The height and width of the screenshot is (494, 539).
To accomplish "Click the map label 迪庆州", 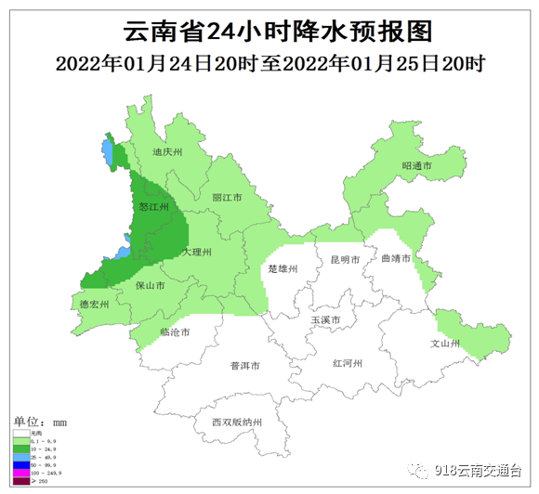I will (x=168, y=152).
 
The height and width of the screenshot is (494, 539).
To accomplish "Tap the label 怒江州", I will (x=151, y=207).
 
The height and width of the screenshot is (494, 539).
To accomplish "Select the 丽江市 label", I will (x=227, y=199).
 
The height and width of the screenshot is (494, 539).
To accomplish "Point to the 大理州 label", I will (x=197, y=253).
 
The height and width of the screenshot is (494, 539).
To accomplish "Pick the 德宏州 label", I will (x=94, y=304).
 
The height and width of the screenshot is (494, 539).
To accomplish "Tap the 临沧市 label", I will (x=175, y=331).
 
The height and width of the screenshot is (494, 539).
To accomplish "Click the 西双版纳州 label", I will (x=237, y=422).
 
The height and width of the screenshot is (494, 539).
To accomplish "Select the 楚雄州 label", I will (x=282, y=269).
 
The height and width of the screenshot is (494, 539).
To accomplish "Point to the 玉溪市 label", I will (x=325, y=320).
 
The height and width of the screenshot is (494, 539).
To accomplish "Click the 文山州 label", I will (x=445, y=343).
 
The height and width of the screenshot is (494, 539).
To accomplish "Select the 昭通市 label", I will (x=417, y=166).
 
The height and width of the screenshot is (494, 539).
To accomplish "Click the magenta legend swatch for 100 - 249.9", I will (x=21, y=474).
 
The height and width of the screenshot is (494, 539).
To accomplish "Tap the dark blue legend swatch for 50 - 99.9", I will (x=21, y=465).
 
